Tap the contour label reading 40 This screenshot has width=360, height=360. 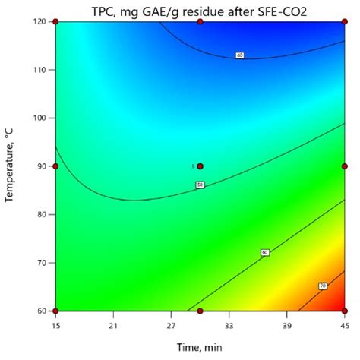coord(239,55)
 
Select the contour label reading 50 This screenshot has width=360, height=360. coord(200,185)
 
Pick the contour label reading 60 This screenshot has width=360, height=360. coord(265,252)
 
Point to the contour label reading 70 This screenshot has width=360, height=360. coord(322,286)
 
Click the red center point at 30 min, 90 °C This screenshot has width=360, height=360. coord(200,166)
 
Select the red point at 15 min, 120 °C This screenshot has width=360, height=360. coord(56,22)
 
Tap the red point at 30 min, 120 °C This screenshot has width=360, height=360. coord(200,22)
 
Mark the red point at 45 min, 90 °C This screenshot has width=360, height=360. coord(344,166)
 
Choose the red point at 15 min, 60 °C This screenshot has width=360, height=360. coord(56,311)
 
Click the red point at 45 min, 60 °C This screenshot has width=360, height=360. coord(344,311)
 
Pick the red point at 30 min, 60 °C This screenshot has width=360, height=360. coord(200,311)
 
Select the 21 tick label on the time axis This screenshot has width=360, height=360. coord(113,325)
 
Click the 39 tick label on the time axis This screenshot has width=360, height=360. coord(286,325)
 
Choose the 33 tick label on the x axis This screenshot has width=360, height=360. coord(229,325)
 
